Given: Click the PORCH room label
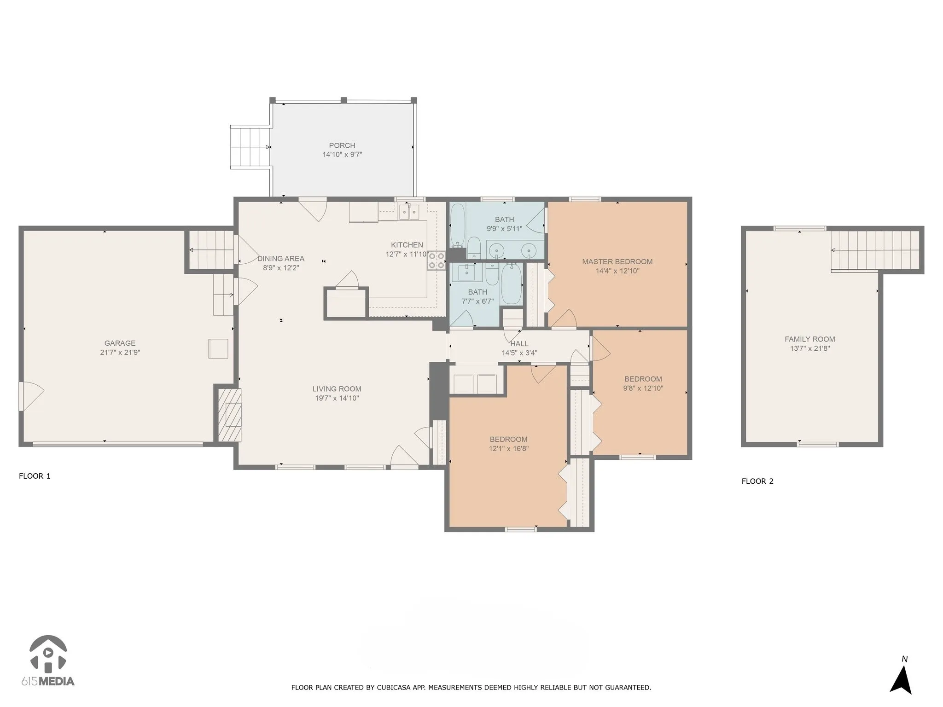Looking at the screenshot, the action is click(x=342, y=145).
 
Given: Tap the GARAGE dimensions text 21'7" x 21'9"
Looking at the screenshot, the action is click(x=120, y=353).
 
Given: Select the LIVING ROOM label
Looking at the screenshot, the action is click(x=337, y=389).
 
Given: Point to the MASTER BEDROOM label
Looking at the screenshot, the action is click(x=617, y=261).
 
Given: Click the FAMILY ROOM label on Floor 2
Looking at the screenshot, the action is click(x=810, y=339).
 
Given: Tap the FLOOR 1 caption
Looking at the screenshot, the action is click(x=35, y=476).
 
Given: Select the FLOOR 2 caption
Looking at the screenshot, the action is click(x=757, y=481).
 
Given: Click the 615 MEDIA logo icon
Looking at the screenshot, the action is click(x=48, y=653).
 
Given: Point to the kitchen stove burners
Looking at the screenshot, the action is click(x=437, y=260).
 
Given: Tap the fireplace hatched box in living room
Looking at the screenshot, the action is click(x=229, y=416).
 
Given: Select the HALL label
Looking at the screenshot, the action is click(x=519, y=343).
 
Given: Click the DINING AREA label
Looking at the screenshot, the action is click(x=281, y=259).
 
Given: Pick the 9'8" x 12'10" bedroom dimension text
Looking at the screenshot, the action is click(x=643, y=388).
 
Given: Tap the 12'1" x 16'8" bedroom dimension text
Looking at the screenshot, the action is click(x=509, y=448).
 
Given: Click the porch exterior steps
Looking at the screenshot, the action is click(x=250, y=147).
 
